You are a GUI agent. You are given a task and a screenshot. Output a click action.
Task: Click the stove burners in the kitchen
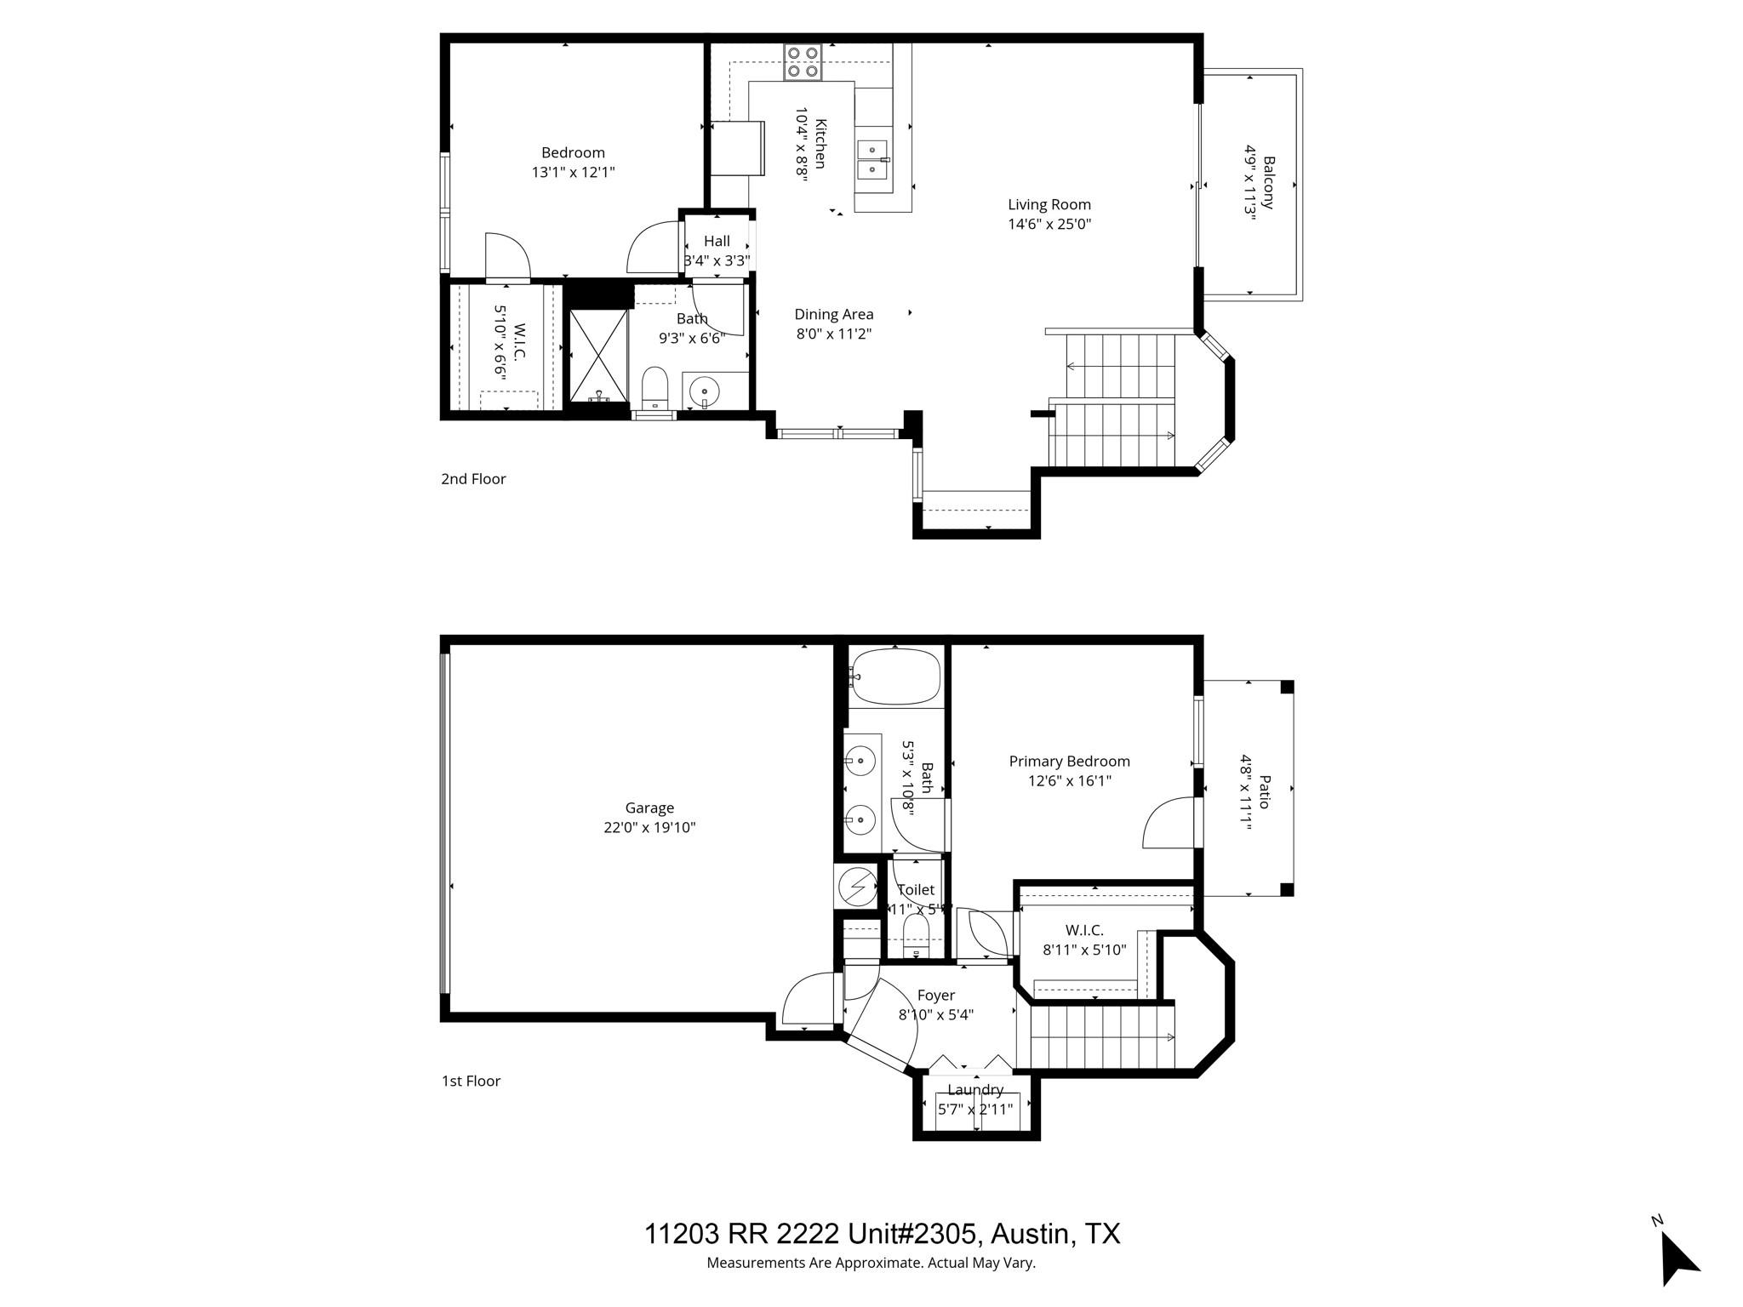[x=803, y=62]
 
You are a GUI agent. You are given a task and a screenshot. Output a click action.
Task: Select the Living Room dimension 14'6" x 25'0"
[x=1049, y=225]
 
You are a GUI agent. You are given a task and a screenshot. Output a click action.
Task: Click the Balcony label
[x=1268, y=182]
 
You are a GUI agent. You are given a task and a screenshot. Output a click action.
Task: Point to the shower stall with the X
[x=597, y=355]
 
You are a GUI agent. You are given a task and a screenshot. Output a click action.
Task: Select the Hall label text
[x=717, y=242]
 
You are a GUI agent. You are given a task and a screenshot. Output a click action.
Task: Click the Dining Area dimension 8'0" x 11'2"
[x=833, y=334]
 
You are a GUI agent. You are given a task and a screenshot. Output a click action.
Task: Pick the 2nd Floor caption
[x=473, y=479]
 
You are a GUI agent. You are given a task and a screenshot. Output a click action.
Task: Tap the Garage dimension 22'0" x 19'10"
[x=649, y=827]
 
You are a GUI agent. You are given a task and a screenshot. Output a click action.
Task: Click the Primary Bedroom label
[x=1069, y=762]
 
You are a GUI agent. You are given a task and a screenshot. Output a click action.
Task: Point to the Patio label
[x=1264, y=791]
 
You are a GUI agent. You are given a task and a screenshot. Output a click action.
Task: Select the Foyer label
[x=935, y=996]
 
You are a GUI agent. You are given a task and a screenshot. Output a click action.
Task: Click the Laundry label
[x=974, y=1090]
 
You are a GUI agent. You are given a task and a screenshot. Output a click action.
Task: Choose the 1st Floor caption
[x=471, y=1082]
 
